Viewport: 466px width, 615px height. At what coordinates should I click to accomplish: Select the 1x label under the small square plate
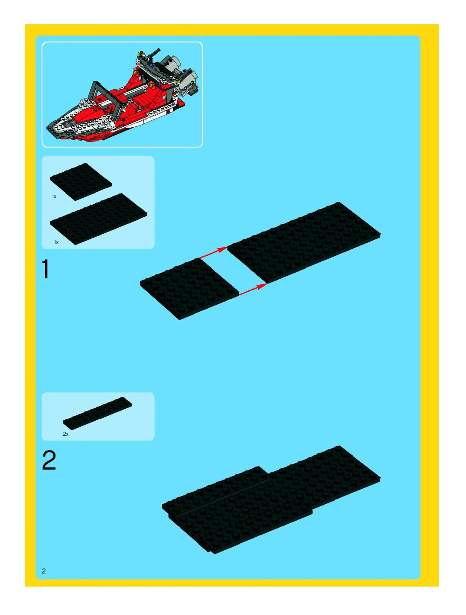[x=54, y=197]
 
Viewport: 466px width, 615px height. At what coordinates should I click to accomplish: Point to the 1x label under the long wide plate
[x=56, y=242]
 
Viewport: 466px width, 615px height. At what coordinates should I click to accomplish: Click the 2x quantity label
[x=66, y=434]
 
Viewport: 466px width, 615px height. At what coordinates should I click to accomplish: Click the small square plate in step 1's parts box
[x=81, y=182]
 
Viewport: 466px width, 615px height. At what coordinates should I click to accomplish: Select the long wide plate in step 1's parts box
[x=99, y=219]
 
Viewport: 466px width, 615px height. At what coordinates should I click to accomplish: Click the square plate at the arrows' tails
[x=189, y=289]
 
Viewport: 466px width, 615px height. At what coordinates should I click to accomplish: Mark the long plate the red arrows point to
[x=304, y=242]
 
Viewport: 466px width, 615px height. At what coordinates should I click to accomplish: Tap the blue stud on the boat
[x=151, y=65]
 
